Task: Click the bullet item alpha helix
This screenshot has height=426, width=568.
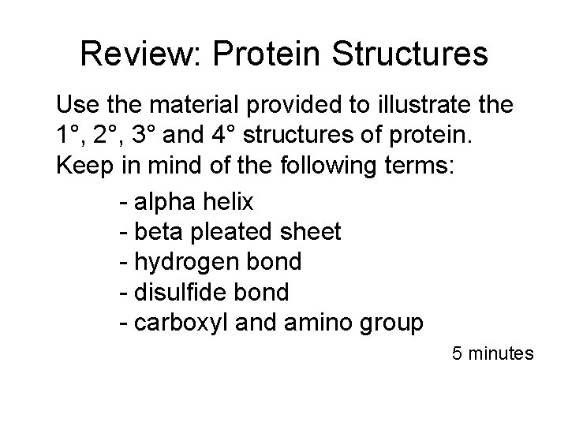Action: (193, 203)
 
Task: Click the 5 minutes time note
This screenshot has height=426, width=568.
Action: (493, 353)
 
